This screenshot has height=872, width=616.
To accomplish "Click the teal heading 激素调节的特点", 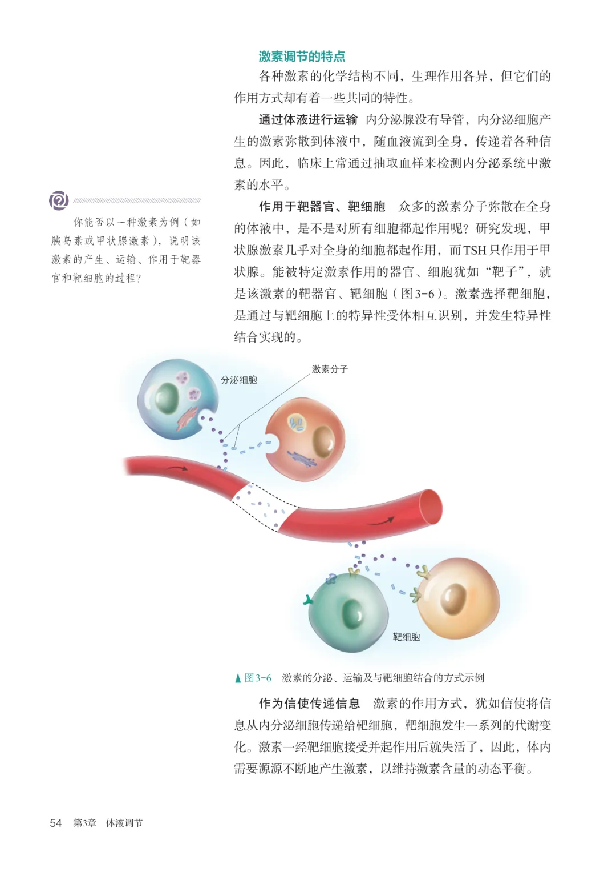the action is pyautogui.click(x=302, y=57).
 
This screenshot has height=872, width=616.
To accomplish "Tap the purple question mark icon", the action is pyautogui.click(x=59, y=200).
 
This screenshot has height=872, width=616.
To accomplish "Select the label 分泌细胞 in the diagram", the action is pyautogui.click(x=239, y=380).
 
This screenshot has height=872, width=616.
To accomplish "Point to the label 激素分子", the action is pyautogui.click(x=330, y=369).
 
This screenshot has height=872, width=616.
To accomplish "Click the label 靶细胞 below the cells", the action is pyautogui.click(x=406, y=637).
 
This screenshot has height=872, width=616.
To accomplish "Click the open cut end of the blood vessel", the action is pyautogui.click(x=431, y=507).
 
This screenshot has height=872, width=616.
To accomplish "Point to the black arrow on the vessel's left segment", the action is pyautogui.click(x=177, y=468).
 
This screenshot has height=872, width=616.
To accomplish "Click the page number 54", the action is pyautogui.click(x=56, y=823).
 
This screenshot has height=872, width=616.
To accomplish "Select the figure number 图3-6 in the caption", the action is pyautogui.click(x=258, y=678).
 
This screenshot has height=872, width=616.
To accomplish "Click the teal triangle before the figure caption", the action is pyautogui.click(x=238, y=678).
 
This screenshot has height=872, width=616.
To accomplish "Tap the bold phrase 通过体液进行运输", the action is pyautogui.click(x=308, y=119).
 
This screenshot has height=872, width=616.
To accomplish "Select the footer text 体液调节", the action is pyautogui.click(x=124, y=823).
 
